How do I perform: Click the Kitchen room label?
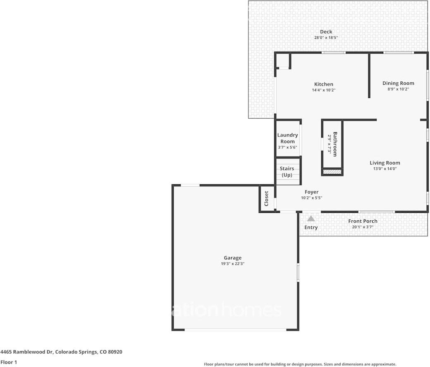tap(323, 84)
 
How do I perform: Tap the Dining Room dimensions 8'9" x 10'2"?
tap(398, 89)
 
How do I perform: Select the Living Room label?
tap(385, 163)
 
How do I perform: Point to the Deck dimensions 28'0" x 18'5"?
tap(326, 38)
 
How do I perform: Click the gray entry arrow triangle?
tap(311, 218)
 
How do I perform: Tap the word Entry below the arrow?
tap(311, 227)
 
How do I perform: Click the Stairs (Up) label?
tap(287, 172)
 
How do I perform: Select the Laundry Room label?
tap(287, 138)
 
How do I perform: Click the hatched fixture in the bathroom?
tap(332, 172)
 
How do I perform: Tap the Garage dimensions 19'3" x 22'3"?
tap(233, 264)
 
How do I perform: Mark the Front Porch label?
tap(363, 221)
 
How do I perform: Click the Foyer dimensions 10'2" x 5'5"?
tap(311, 198)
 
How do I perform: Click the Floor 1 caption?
tap(9, 362)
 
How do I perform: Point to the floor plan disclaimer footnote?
tap(300, 364)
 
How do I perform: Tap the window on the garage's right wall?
tap(298, 273)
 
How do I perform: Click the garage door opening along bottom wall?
tap(235, 329)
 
